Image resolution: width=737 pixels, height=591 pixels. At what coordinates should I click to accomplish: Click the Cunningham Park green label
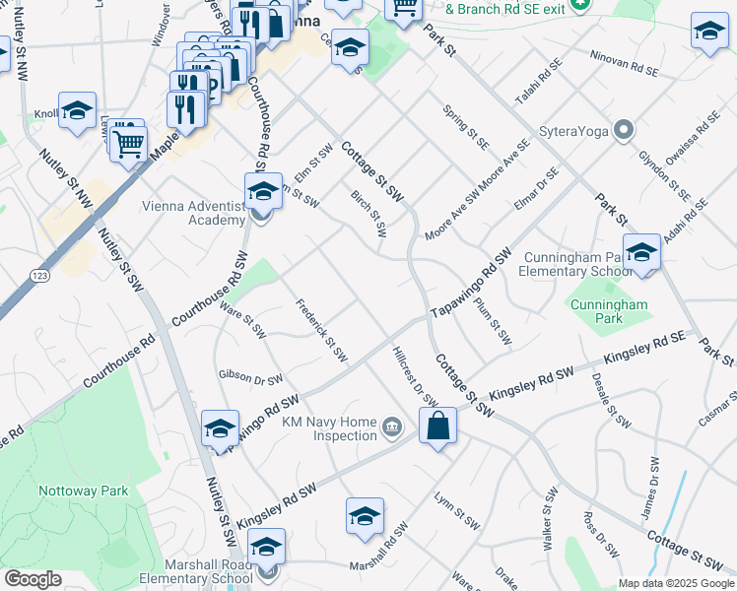tap(609, 311)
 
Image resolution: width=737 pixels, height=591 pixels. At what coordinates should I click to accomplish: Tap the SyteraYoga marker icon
tap(623, 130)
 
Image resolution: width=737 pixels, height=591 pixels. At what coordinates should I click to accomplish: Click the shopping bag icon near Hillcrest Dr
tap(437, 427)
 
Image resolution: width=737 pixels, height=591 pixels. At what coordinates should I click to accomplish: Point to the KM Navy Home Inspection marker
tap(392, 426)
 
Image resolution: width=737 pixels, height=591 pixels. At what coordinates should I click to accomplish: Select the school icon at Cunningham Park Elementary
tap(641, 252)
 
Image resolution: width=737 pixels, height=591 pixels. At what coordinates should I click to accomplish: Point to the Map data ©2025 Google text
tap(675, 583)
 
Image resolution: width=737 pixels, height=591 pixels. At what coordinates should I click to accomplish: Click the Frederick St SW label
tap(323, 330)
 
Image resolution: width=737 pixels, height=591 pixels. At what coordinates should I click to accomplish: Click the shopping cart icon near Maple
tap(128, 143)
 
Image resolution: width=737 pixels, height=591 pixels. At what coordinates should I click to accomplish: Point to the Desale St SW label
tap(611, 400)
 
